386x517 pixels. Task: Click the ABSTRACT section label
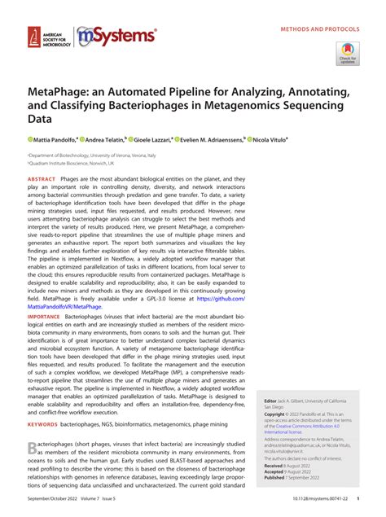(42, 177)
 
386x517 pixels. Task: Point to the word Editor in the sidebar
(271, 401)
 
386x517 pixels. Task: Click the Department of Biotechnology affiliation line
(86, 154)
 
